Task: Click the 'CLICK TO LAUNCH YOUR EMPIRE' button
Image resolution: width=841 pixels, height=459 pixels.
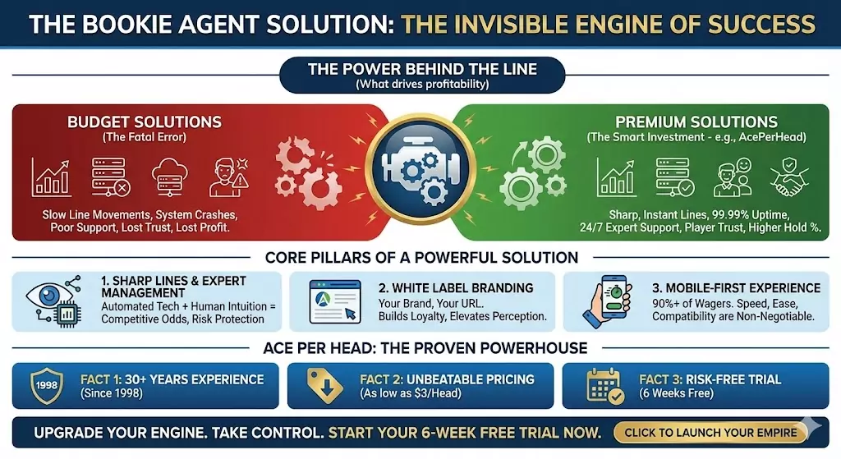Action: pos(710,432)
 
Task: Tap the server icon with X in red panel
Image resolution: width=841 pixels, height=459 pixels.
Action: pos(109,177)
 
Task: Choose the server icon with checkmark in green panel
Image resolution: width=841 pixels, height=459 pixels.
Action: pos(673,176)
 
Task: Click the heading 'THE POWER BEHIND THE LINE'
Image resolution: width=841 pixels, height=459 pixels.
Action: pos(420,69)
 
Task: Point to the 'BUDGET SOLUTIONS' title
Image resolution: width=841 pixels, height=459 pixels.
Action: pos(144,122)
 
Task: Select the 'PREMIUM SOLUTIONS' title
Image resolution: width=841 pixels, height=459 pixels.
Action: pos(696,122)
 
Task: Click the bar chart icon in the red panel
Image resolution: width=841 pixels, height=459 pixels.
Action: pos(50,177)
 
